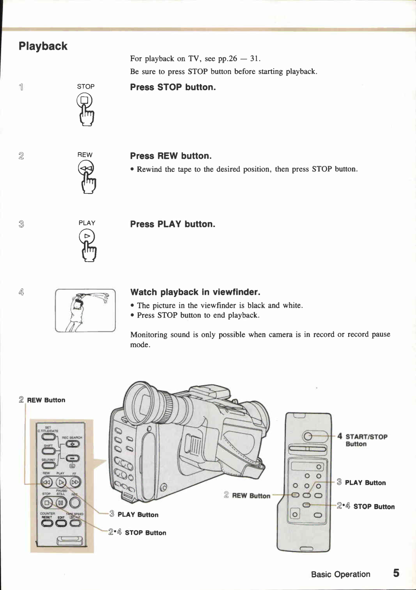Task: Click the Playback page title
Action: [x=43, y=46]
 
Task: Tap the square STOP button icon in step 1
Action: [x=84, y=101]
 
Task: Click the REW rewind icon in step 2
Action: [x=86, y=168]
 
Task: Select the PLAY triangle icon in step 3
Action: [x=87, y=236]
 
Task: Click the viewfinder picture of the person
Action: [x=85, y=311]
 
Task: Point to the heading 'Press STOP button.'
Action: [x=173, y=87]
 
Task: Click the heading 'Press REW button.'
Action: [x=171, y=156]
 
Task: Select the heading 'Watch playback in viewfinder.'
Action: [x=195, y=292]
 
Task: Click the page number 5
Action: [x=396, y=573]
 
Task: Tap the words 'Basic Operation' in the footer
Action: [x=341, y=574]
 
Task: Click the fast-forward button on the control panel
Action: [x=75, y=482]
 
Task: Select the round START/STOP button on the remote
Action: [x=307, y=436]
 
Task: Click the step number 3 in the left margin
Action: [x=21, y=224]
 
